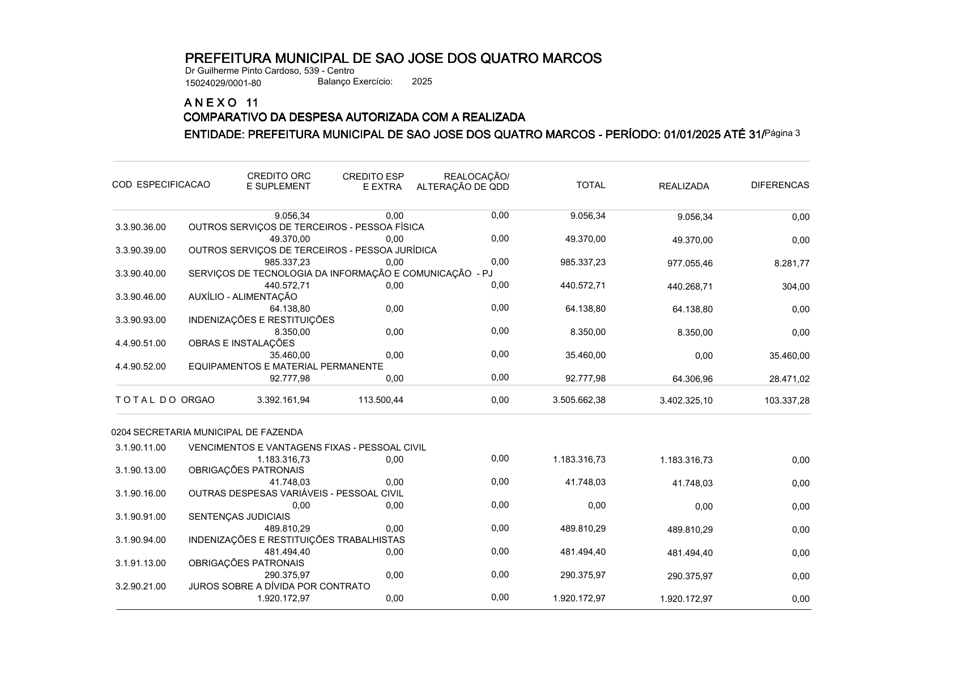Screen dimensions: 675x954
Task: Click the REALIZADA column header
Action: pos(683,186)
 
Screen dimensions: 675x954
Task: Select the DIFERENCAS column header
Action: pos(780,185)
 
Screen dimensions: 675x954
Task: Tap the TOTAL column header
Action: pos(590,185)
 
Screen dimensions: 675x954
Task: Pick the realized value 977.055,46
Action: pos(690,264)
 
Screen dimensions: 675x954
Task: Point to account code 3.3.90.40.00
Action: pos(140,274)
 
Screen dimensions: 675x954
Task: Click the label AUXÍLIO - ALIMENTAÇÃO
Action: pos(242,297)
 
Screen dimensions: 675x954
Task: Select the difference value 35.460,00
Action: pos(790,356)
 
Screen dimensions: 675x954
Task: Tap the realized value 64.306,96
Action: pos(692,379)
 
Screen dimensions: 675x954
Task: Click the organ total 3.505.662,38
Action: pos(579,400)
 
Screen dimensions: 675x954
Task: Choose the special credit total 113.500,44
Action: pos(381,400)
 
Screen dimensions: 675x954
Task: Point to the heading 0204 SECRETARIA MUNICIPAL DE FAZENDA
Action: pos(207,432)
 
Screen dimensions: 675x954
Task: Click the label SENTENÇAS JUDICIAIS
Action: pos(239,517)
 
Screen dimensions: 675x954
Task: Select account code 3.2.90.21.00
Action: pos(140,587)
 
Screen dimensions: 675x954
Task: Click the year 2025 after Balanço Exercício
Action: pos(421,82)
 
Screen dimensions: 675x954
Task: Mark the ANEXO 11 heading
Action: pos(222,103)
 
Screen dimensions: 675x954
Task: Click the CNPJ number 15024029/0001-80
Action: pos(223,83)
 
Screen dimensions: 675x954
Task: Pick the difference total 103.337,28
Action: pos(787,401)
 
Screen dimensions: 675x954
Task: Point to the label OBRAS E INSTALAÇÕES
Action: pos(241,343)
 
